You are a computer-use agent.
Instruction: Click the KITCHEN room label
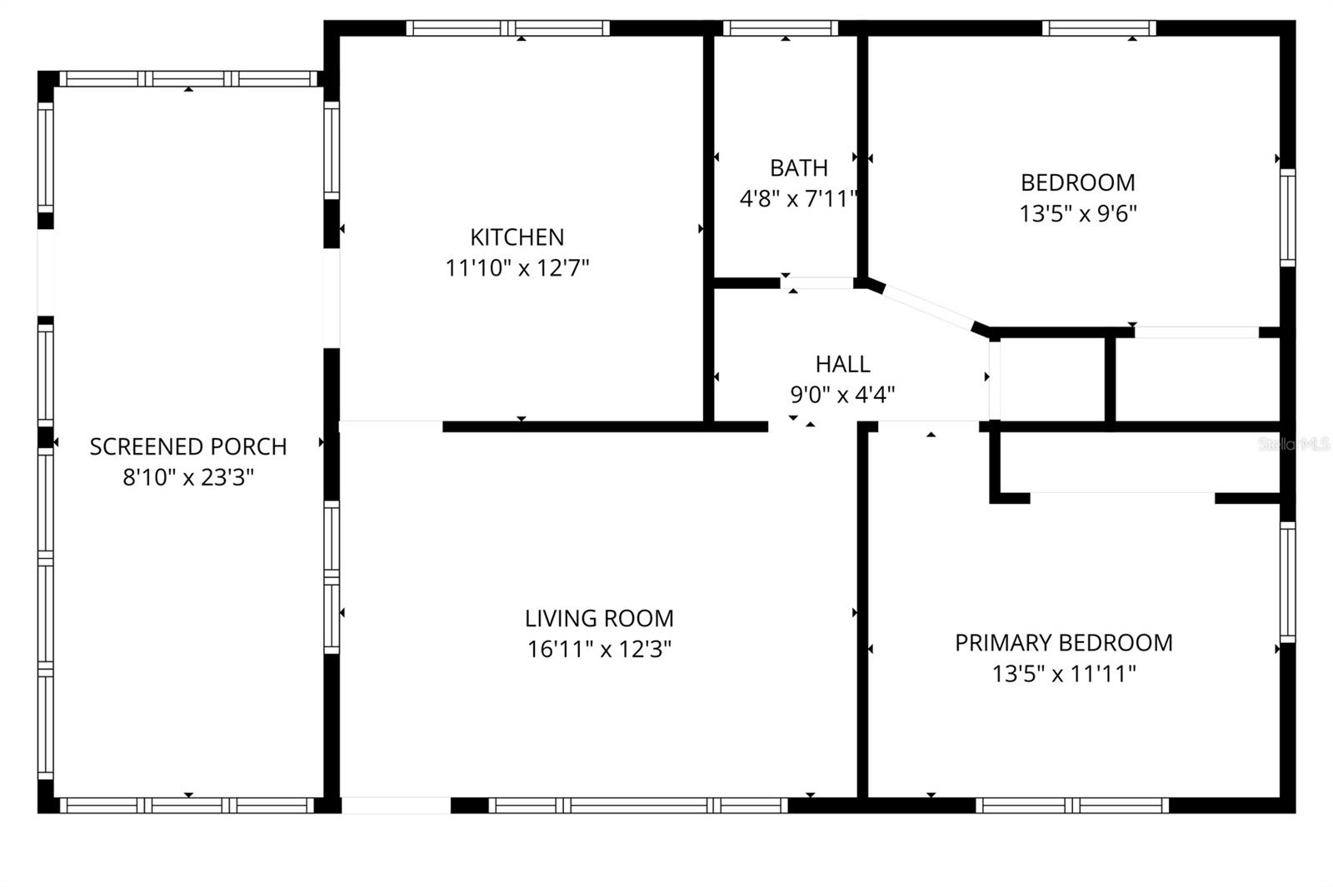pyautogui.click(x=517, y=237)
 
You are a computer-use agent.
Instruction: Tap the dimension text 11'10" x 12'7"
pyautogui.click(x=517, y=268)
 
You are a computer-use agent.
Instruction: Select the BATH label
pyautogui.click(x=798, y=168)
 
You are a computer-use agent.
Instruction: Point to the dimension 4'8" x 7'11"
pyautogui.click(x=798, y=199)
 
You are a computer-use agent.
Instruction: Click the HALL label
pyautogui.click(x=842, y=364)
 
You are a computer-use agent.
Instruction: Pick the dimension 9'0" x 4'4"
pyautogui.click(x=842, y=394)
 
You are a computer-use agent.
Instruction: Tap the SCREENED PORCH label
pyautogui.click(x=188, y=447)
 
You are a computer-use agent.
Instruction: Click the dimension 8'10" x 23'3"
pyautogui.click(x=188, y=478)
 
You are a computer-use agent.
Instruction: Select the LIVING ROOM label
pyautogui.click(x=599, y=619)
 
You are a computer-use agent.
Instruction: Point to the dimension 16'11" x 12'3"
pyautogui.click(x=599, y=649)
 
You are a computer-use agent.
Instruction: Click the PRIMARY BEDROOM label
pyautogui.click(x=1063, y=643)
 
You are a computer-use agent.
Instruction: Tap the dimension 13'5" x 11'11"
pyautogui.click(x=1063, y=674)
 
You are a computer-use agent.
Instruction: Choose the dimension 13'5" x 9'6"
pyautogui.click(x=1077, y=213)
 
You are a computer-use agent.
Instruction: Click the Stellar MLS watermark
pyautogui.click(x=1293, y=445)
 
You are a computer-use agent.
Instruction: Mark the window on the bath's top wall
pyautogui.click(x=781, y=28)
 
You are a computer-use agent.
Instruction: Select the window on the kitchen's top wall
pyautogui.click(x=508, y=28)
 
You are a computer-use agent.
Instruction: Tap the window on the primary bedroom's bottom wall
pyautogui.click(x=1072, y=805)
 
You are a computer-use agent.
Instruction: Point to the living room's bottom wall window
pyautogui.click(x=637, y=805)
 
